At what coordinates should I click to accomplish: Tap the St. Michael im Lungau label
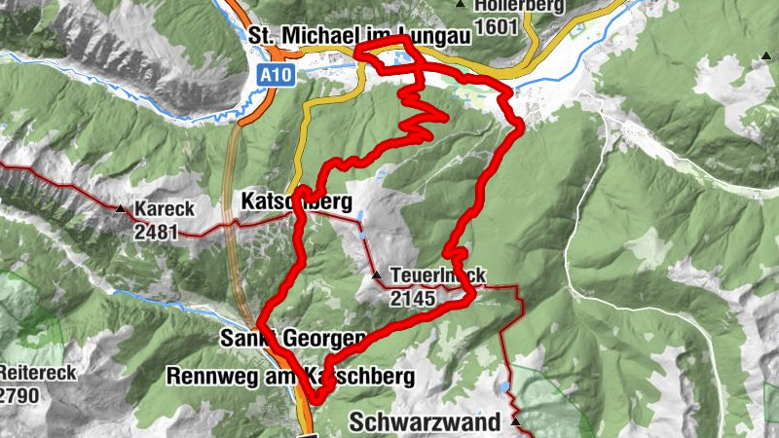(x=360, y=35)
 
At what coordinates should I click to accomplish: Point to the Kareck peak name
(x=160, y=209)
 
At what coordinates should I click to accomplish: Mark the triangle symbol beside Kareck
(x=120, y=209)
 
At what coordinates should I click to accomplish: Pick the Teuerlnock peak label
(x=437, y=275)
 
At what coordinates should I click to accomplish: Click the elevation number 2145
(x=413, y=299)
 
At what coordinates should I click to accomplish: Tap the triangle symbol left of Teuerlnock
(x=377, y=276)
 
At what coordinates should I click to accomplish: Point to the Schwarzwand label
(x=425, y=422)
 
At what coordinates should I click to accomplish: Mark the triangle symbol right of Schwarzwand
(x=515, y=422)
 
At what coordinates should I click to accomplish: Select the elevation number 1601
(x=497, y=26)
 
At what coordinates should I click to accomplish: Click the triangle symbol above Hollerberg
(x=460, y=5)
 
